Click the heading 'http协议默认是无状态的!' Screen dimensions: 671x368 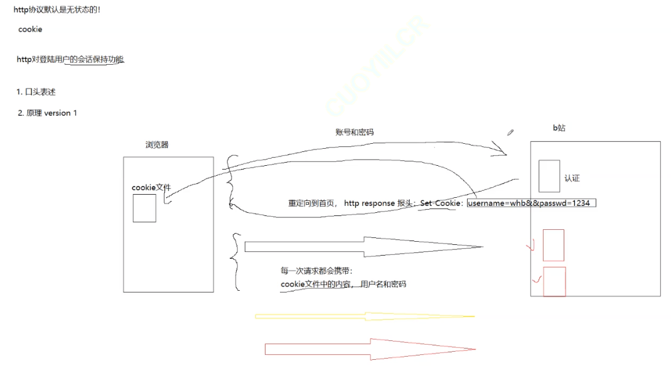57,9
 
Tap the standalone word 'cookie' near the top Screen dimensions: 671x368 30,30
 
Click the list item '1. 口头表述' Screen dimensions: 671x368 36,92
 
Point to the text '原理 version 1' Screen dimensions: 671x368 51,113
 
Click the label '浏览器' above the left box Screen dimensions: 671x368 157,144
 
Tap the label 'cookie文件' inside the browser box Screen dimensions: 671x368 151,187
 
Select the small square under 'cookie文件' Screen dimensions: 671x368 144,208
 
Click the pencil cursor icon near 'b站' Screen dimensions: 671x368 510,133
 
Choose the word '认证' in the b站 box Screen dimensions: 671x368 572,178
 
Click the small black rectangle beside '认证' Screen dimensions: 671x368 549,176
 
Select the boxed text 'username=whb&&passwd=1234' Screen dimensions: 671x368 531,203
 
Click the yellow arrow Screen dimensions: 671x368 364,316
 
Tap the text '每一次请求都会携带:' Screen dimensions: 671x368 317,271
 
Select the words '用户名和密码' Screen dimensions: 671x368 384,284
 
